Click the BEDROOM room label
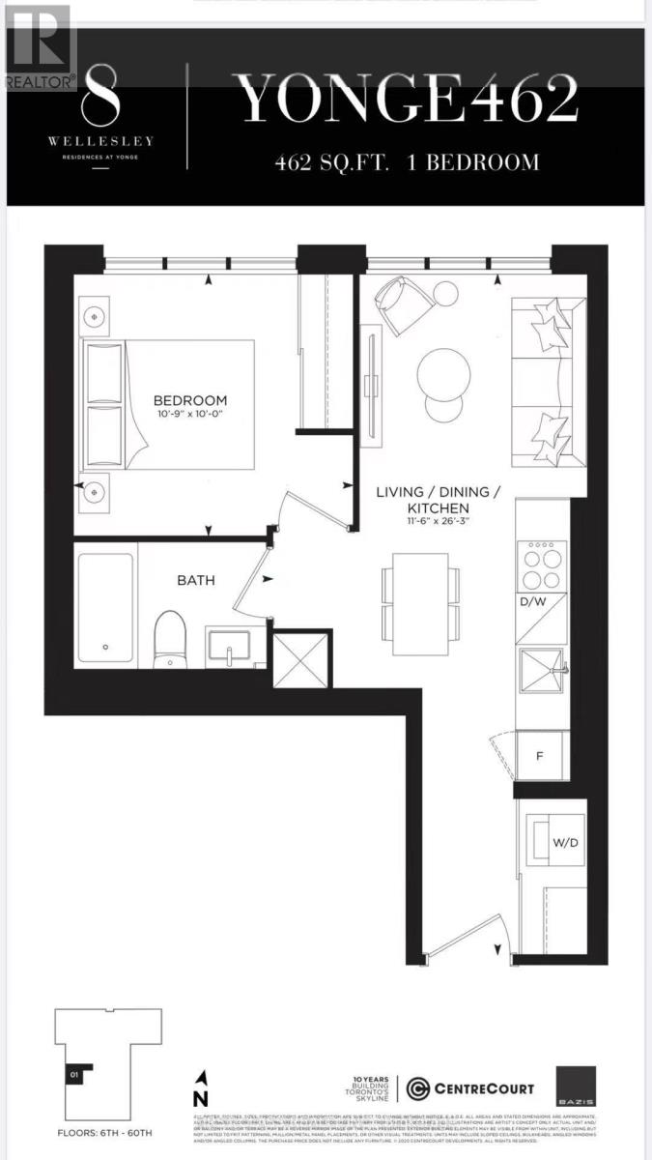pyautogui.click(x=189, y=400)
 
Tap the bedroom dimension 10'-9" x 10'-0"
pyautogui.click(x=189, y=416)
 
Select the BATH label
pyautogui.click(x=195, y=580)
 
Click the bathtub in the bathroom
pyautogui.click(x=105, y=604)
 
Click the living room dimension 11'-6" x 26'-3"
pyautogui.click(x=438, y=523)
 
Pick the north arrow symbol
pyautogui.click(x=200, y=1088)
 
